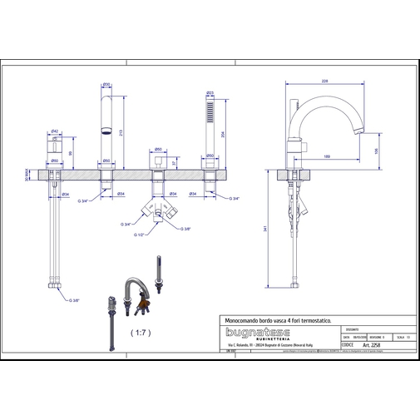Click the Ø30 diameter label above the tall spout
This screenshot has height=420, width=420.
[x=106, y=85]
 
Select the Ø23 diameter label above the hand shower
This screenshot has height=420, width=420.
[x=210, y=92]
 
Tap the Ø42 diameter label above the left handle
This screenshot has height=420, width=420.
[x=55, y=131]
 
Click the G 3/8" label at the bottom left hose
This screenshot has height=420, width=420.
[x=74, y=299]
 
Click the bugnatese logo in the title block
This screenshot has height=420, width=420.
[x=259, y=331]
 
